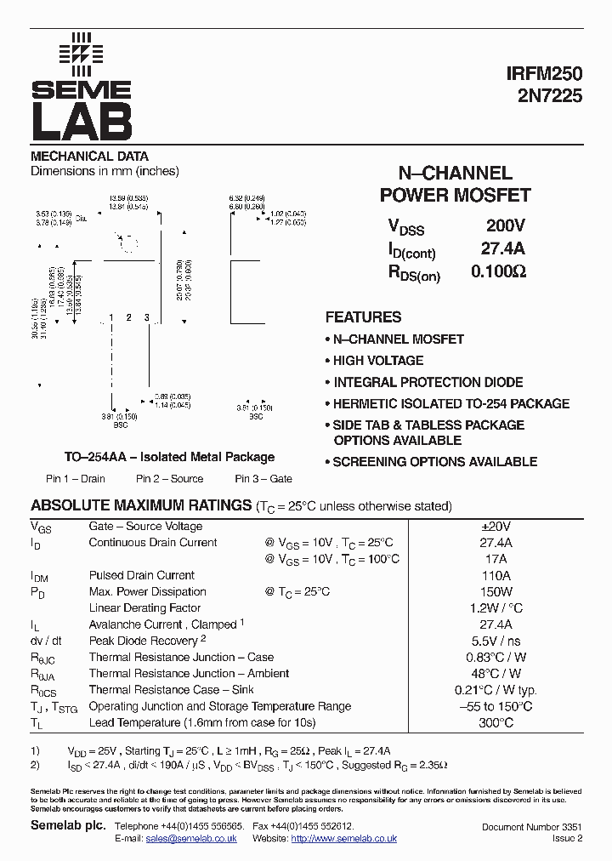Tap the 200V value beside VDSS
coord(506,226)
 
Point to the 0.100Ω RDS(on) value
coord(499,272)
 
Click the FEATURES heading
coord(363,317)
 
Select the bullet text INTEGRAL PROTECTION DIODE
coord(428,382)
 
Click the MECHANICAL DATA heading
coord(89,157)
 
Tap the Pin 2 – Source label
coord(169,479)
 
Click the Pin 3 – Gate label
coord(263,479)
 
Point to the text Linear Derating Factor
coord(144,608)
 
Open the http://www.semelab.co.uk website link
coord(343,839)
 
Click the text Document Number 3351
coord(531,827)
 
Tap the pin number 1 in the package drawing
coord(111,318)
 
